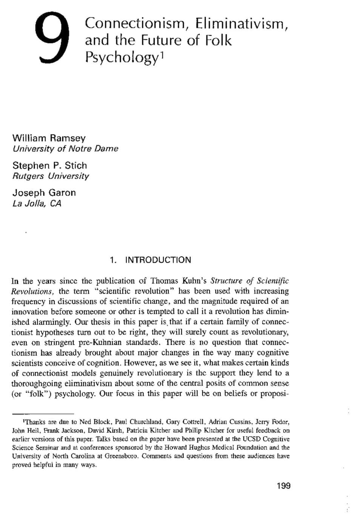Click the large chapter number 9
click(x=52, y=37)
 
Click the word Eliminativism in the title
click(x=242, y=23)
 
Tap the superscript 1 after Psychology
click(x=162, y=55)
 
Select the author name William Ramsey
click(x=49, y=138)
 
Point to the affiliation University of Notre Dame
click(x=65, y=148)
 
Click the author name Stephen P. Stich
click(x=50, y=165)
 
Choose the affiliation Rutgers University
click(x=51, y=176)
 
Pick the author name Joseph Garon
click(x=44, y=193)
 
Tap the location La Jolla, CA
click(x=37, y=204)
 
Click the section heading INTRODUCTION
click(x=158, y=260)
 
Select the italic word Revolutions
click(x=32, y=291)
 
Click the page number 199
click(x=283, y=486)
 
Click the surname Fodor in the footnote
click(x=280, y=422)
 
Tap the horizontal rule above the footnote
click(x=43, y=414)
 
